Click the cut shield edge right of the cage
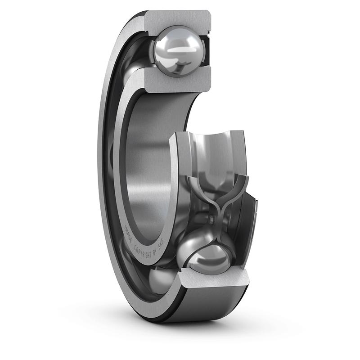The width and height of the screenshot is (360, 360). tap(252, 225)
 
